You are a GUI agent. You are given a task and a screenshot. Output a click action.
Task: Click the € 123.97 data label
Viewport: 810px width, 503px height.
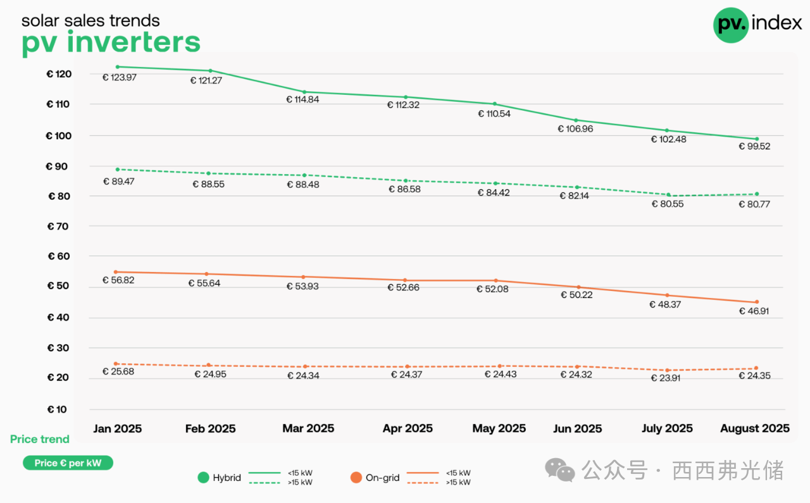coord(120,77)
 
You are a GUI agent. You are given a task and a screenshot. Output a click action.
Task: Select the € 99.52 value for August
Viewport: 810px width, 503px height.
coord(754,146)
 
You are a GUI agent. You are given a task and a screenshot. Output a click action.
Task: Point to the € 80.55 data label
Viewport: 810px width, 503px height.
coord(667,204)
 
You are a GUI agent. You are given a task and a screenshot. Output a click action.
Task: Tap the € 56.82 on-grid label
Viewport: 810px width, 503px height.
coord(118,280)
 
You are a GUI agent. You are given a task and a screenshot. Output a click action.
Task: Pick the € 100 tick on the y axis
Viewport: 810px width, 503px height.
coord(59,136)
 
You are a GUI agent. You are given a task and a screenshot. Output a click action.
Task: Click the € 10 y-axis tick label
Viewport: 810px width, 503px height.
coord(56,409)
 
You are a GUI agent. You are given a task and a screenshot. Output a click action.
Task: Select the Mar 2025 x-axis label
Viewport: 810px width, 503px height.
coord(308,428)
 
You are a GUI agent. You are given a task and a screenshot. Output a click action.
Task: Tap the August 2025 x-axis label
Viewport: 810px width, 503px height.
coord(754,428)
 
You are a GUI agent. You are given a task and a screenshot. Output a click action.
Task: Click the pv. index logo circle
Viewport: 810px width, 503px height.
coord(731,25)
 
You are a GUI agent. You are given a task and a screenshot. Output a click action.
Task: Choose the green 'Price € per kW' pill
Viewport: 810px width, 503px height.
coord(68,463)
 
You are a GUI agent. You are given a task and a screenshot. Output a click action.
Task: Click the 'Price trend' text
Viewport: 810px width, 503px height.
coord(40,439)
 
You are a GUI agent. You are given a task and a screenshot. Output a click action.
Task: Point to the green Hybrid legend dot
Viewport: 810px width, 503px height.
coord(203,478)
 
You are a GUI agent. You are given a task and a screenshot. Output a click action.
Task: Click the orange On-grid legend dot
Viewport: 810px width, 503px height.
coord(356,478)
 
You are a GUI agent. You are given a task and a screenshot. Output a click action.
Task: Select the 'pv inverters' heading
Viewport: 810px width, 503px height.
coord(111,42)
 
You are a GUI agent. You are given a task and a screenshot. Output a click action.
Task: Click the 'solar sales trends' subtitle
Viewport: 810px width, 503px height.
coord(90,20)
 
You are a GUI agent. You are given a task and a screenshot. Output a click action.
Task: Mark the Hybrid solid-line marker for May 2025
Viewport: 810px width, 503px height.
coord(494,104)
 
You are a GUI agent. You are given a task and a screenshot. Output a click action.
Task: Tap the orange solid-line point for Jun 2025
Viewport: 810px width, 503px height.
coord(576,287)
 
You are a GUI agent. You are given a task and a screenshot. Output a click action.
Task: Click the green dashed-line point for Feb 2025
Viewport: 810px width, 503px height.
coord(208,173)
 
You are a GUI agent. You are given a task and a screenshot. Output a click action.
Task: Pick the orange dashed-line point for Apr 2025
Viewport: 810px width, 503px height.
coord(406,366)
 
